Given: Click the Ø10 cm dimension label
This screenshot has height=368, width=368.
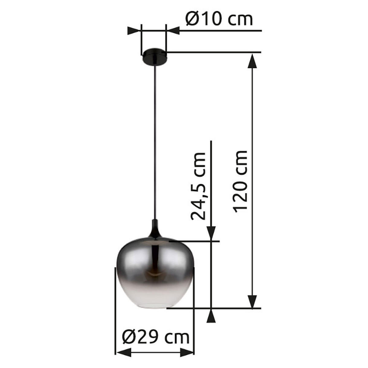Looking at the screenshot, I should click(219, 19).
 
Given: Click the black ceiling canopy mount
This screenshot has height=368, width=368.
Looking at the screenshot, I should click(154, 56).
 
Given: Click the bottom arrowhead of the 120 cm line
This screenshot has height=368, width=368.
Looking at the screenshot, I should click(252, 301).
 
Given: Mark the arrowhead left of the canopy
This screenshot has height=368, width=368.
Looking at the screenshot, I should click(134, 31).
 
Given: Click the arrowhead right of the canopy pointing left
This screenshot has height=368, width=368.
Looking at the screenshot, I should click(173, 31).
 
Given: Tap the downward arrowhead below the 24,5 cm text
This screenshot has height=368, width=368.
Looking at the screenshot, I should click(211, 233).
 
